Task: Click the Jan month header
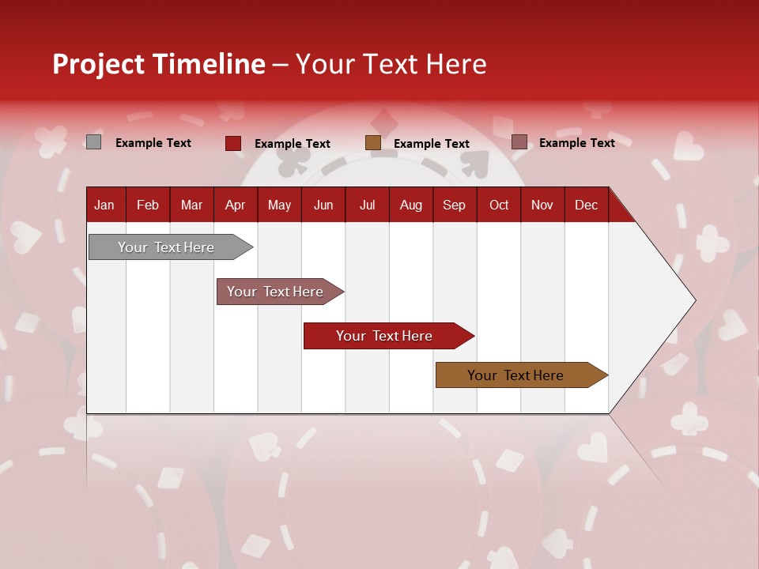pyautogui.click(x=104, y=205)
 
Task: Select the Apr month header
pyautogui.click(x=235, y=205)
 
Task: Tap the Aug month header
pyautogui.click(x=410, y=205)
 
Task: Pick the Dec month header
pyautogui.click(x=586, y=205)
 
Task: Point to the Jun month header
pyautogui.click(x=323, y=205)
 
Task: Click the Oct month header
pyautogui.click(x=499, y=205)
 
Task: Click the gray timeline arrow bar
pyautogui.click(x=166, y=247)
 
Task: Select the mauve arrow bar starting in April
pyautogui.click(x=275, y=292)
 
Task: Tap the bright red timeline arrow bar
pyautogui.click(x=384, y=336)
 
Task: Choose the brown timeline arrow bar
pyautogui.click(x=515, y=375)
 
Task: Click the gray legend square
pyautogui.click(x=93, y=142)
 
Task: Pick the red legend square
pyautogui.click(x=233, y=143)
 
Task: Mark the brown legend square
pyautogui.click(x=373, y=143)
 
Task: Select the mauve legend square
pyautogui.click(x=519, y=142)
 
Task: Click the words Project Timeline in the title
pyautogui.click(x=158, y=64)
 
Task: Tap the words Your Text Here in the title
pyautogui.click(x=391, y=64)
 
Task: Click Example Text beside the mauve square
pyautogui.click(x=576, y=143)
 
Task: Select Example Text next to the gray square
pyautogui.click(x=153, y=143)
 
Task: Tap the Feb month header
pyautogui.click(x=148, y=205)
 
